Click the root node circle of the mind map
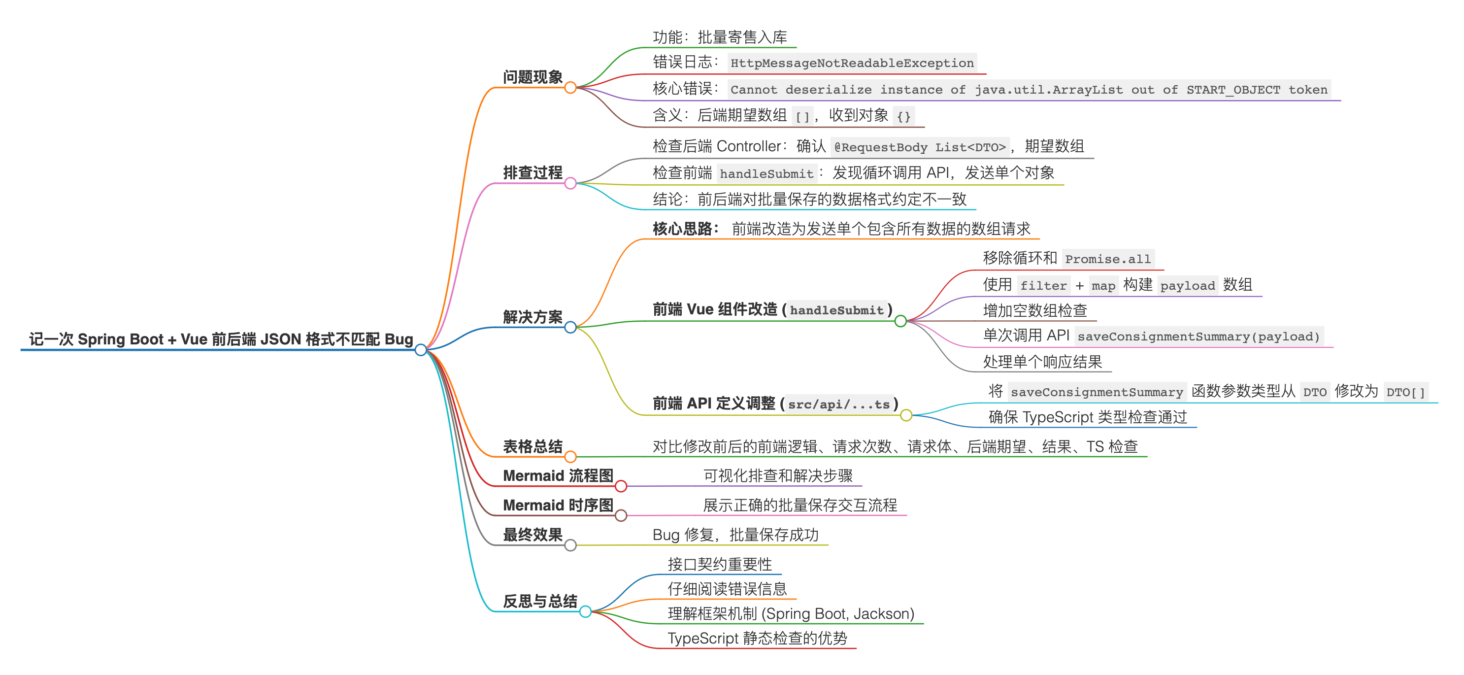tap(421, 350)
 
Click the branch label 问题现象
tap(532, 77)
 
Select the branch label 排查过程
tap(532, 172)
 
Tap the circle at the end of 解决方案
tap(570, 327)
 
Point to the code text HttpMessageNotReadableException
tap(852, 63)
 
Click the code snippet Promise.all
tap(1108, 259)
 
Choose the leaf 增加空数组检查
tap(1035, 310)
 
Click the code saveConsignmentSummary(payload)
tap(1198, 337)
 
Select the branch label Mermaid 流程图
tap(558, 475)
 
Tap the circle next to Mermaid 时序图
tap(621, 515)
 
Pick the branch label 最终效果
tap(532, 535)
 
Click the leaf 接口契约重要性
tap(720, 564)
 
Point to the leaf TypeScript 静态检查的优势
tap(757, 638)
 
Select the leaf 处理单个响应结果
tap(1042, 362)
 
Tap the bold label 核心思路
tap(685, 229)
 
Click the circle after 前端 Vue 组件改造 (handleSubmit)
tap(901, 321)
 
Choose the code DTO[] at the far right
tap(1405, 392)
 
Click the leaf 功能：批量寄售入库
tap(720, 37)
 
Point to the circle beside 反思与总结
tap(585, 612)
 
